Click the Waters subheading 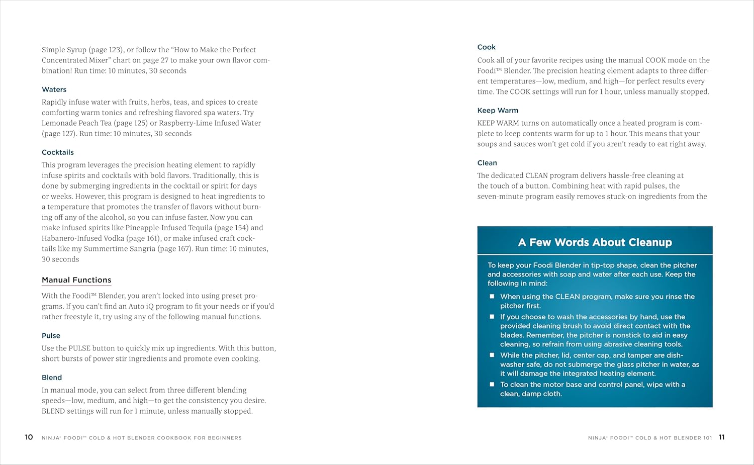pyautogui.click(x=54, y=89)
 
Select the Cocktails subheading pyautogui.click(x=57, y=152)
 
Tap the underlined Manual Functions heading pyautogui.click(x=76, y=280)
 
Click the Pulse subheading pyautogui.click(x=51, y=336)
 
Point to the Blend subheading pyautogui.click(x=52, y=378)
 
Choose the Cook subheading pyautogui.click(x=486, y=47)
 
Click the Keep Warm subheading pyautogui.click(x=498, y=111)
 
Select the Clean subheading pyautogui.click(x=487, y=163)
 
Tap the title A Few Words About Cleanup pyautogui.click(x=595, y=242)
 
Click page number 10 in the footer pyautogui.click(x=29, y=437)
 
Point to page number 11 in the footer pyautogui.click(x=721, y=437)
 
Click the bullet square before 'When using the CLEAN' pyautogui.click(x=492, y=297)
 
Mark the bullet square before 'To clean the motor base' pyautogui.click(x=492, y=385)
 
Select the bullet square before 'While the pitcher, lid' pyautogui.click(x=492, y=355)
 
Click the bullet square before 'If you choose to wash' pyautogui.click(x=492, y=317)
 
